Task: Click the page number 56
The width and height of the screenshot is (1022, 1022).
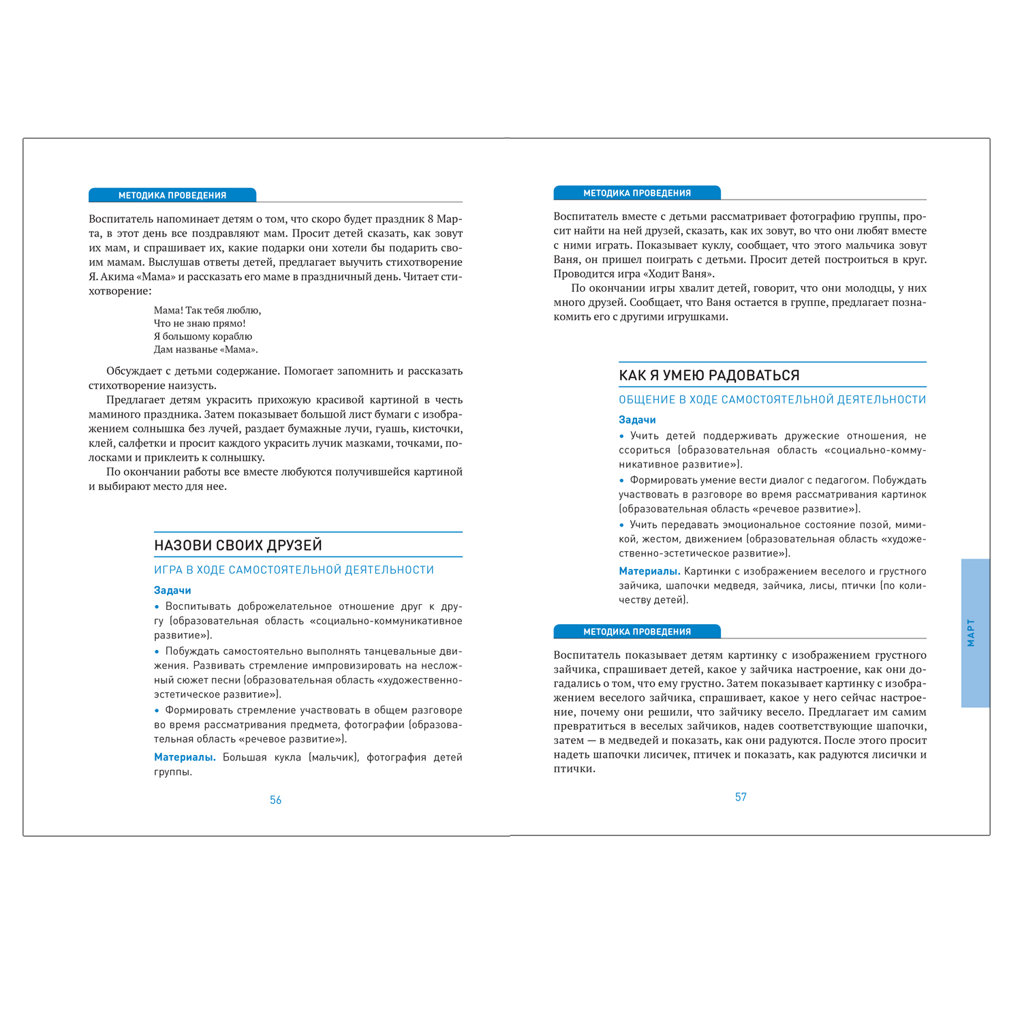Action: pos(275,800)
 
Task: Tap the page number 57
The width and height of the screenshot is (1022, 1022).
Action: pos(741,797)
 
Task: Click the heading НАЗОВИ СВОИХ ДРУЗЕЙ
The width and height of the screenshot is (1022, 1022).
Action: pos(238,545)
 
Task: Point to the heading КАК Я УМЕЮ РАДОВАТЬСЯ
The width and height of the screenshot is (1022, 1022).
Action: pos(709,375)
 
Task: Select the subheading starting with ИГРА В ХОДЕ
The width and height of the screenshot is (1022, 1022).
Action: pos(294,570)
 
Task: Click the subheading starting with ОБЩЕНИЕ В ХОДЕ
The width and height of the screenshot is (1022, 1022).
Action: pos(772,400)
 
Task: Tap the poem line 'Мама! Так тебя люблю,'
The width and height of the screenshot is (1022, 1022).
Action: pos(207,311)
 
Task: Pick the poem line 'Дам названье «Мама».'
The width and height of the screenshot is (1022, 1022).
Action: pos(206,350)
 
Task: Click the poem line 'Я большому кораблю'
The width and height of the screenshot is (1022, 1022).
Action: pos(203,337)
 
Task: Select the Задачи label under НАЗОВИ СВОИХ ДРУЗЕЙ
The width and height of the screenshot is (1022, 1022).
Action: pos(172,591)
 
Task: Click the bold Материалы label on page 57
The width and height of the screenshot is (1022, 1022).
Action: pos(649,572)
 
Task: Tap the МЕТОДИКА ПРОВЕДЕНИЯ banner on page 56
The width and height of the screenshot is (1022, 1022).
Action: pos(172,196)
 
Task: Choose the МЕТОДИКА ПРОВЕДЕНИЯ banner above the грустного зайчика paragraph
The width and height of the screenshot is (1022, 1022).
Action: pos(637,632)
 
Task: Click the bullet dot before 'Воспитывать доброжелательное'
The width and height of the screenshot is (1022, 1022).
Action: pos(157,607)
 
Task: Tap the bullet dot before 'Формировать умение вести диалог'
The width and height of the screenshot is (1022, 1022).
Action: pos(621,480)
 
